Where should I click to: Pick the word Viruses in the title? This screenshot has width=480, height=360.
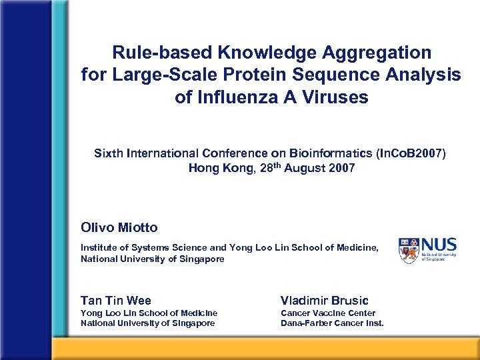point(337,97)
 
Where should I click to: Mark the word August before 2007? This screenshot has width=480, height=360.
point(307,168)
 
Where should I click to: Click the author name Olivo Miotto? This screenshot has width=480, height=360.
point(119,227)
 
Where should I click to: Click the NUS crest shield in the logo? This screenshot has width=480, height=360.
point(409,248)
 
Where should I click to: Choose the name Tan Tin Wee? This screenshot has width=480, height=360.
point(116,300)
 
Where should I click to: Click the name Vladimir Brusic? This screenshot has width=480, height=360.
point(325,300)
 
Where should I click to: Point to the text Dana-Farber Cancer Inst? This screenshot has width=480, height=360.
point(332,323)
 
